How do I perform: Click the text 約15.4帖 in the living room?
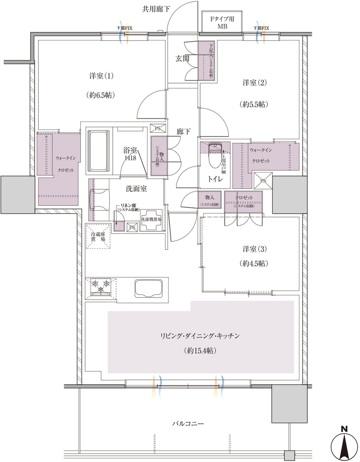[201, 351]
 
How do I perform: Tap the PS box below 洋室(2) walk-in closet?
[263, 180]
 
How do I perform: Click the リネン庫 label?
[128, 206]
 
